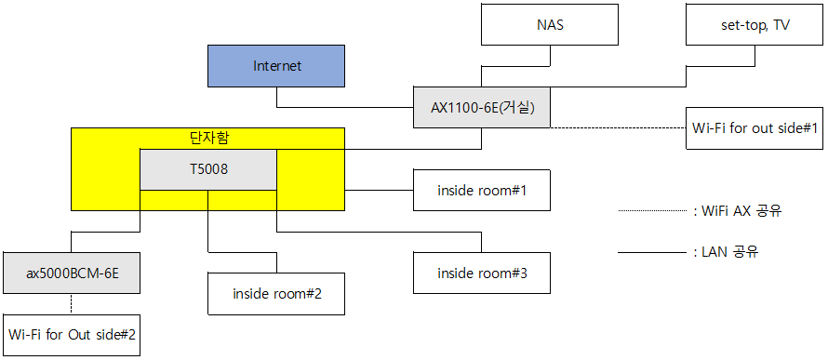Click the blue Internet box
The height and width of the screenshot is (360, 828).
point(276,66)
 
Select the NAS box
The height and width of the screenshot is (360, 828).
point(550,25)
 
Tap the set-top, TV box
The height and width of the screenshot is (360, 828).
point(755,25)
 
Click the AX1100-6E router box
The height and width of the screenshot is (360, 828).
point(482,107)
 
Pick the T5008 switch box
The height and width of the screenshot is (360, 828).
point(208,169)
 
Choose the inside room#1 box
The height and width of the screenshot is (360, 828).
point(482,190)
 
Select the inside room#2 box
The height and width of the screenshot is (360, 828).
point(276,294)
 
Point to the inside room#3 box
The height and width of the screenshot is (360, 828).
point(482,273)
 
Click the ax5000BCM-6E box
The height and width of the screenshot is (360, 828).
point(72,273)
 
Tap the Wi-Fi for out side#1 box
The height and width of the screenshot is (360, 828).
point(755,128)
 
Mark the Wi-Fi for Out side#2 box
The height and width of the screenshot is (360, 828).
point(72,335)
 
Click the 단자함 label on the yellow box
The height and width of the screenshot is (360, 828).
point(208,139)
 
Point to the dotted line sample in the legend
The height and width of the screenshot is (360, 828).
point(652,211)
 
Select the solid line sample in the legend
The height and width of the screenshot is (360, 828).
point(652,253)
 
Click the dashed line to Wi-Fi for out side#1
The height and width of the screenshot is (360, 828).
point(619,127)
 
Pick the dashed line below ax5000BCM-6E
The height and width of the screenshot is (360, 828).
point(72,304)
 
